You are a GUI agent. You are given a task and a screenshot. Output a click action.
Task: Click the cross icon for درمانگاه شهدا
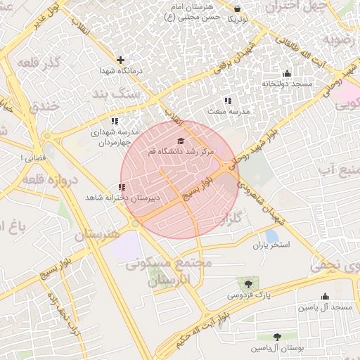pyautogui.click(x=121, y=60)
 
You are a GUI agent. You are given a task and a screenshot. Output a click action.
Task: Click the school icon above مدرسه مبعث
pyautogui.click(x=227, y=101)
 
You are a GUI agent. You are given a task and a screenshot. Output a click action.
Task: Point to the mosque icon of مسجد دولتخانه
pyautogui.click(x=286, y=74)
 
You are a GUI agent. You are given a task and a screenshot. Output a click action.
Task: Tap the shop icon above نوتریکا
pyautogui.click(x=238, y=8)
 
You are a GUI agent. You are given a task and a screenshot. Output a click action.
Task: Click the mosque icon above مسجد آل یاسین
pyautogui.click(x=324, y=297)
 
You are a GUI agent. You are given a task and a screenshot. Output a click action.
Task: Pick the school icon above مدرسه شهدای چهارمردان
pyautogui.click(x=115, y=121)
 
